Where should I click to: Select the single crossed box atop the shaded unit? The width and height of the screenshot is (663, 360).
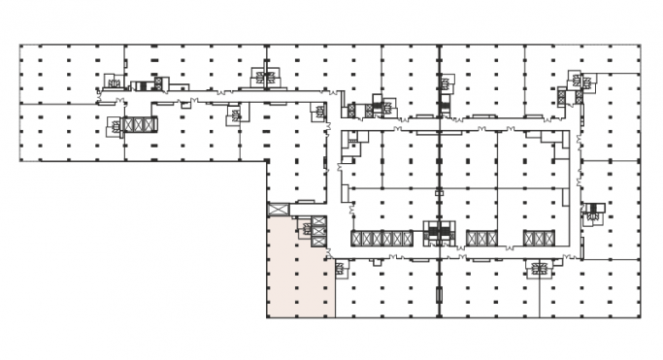[279, 209]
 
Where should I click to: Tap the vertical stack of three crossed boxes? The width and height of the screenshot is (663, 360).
[318, 235]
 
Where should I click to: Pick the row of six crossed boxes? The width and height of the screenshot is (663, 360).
[382, 239]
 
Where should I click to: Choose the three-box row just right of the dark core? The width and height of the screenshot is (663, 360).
[480, 239]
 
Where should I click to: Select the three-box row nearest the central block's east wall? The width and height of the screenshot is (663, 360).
[537, 239]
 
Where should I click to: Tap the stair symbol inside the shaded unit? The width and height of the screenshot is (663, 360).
[306, 229]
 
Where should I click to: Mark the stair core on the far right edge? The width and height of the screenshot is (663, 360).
[592, 213]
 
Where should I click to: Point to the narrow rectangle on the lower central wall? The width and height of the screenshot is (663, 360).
[439, 296]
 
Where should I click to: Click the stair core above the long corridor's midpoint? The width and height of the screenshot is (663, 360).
[262, 74]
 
